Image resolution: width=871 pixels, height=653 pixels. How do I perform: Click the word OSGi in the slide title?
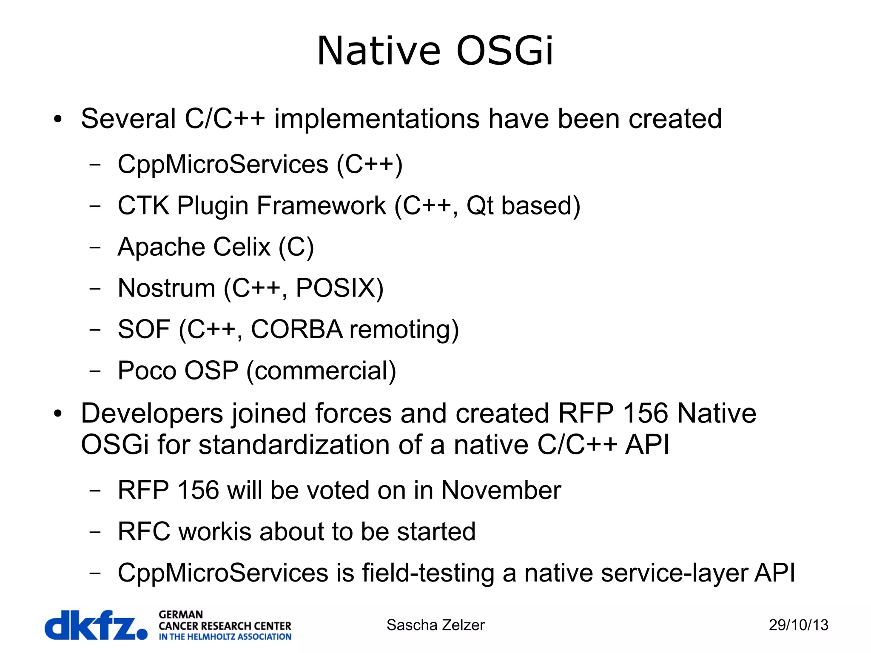505,51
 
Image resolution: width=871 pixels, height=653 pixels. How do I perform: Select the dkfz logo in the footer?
96,625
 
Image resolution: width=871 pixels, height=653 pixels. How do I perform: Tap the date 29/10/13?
798,625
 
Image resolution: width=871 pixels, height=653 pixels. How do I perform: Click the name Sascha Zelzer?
435,625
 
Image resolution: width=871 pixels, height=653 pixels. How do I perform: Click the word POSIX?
339,288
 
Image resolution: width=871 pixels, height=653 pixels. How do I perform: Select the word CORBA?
296,329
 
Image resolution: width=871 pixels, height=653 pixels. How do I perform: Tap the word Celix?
242,247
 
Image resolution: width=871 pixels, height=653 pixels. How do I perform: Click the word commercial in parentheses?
321,371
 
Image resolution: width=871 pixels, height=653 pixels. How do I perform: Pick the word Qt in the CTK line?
479,205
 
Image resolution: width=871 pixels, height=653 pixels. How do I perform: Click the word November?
501,490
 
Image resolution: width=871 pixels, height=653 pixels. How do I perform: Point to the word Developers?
152,413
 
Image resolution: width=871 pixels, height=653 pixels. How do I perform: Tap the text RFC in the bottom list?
144,531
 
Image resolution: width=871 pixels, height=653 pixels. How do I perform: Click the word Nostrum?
166,288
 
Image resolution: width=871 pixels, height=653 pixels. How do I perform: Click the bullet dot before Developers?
58,413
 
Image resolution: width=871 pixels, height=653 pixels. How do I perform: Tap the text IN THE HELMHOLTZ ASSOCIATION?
225,637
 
